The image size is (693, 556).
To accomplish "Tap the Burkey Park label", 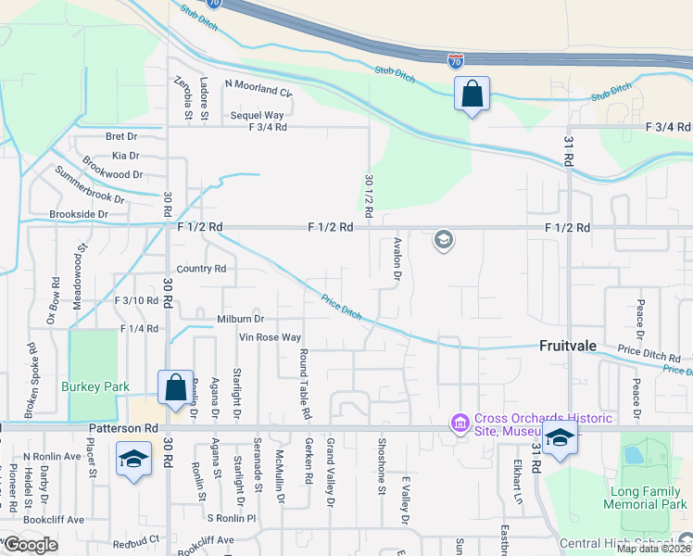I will click(91, 386).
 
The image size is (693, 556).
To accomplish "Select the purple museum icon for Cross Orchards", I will click(460, 423).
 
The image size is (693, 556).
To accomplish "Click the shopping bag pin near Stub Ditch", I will click(472, 94).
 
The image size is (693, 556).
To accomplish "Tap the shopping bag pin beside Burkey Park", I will click(175, 387).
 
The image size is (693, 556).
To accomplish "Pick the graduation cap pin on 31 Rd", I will click(560, 440).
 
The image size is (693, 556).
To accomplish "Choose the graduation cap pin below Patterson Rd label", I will click(134, 458).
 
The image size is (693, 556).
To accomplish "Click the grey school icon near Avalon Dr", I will click(444, 241).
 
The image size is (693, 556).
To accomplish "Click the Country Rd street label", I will click(201, 270).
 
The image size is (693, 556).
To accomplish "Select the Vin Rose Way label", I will click(271, 338).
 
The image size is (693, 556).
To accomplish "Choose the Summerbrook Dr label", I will click(89, 185).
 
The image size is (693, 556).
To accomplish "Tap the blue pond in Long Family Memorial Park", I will click(633, 455).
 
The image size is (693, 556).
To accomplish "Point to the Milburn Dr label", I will click(241, 319).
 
